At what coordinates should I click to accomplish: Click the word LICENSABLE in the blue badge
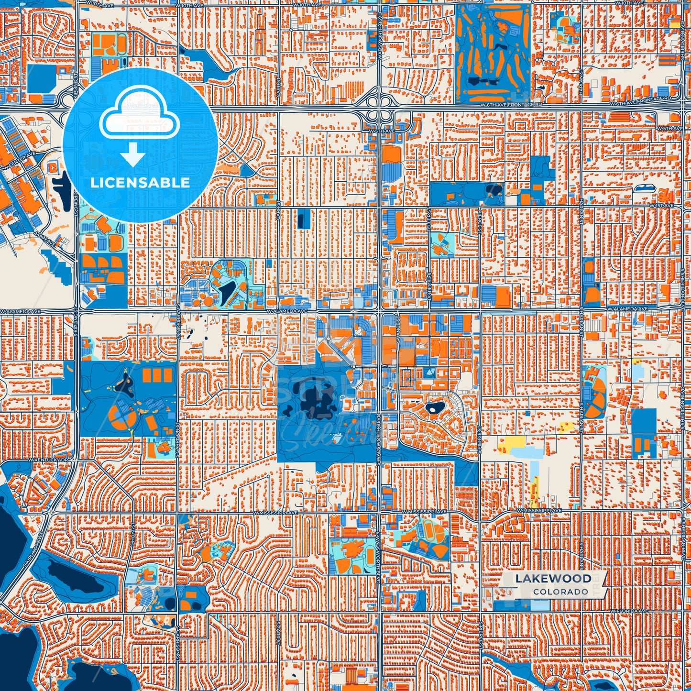(140, 182)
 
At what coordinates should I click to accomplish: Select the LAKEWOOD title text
(553, 579)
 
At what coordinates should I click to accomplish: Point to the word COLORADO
(560, 592)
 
